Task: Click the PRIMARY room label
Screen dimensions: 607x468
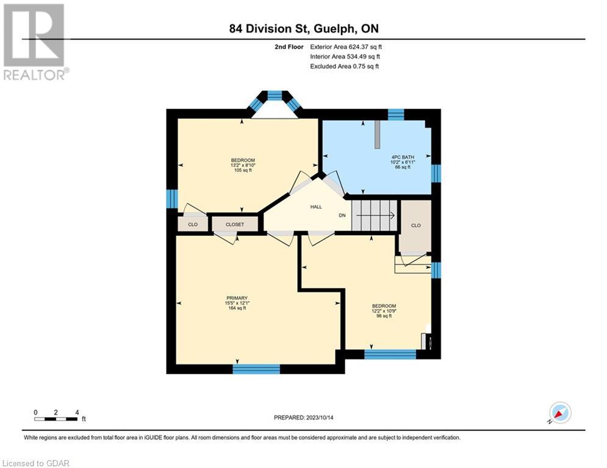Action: (237, 298)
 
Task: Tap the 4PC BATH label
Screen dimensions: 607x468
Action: (403, 157)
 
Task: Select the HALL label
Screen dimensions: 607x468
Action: (316, 207)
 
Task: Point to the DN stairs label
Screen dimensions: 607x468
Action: (342, 216)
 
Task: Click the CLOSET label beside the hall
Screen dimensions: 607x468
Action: (235, 224)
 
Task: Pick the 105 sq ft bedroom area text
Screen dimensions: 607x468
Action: (243, 170)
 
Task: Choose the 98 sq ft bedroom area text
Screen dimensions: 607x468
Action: (384, 316)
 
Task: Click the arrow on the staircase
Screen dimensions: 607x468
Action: (376, 216)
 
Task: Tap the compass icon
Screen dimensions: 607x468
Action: (560, 413)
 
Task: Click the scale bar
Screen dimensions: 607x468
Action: (56, 419)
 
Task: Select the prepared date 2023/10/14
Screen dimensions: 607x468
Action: (320, 417)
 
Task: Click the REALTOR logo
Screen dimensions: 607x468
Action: (35, 42)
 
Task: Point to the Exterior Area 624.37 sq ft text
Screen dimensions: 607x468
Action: (346, 47)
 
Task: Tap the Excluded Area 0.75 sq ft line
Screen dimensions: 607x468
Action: (344, 66)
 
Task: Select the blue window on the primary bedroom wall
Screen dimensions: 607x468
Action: (256, 369)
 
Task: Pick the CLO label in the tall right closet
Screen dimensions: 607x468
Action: (416, 225)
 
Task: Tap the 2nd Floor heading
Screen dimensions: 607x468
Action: (289, 47)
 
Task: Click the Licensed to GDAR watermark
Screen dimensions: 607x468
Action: (35, 463)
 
